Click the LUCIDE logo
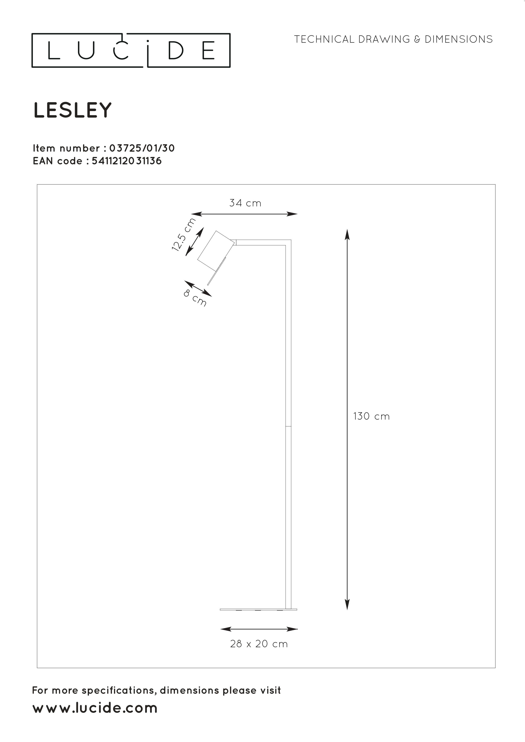[131, 50]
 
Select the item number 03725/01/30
[142, 148]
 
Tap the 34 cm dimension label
[245, 203]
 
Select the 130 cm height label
[371, 416]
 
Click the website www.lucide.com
[95, 708]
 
